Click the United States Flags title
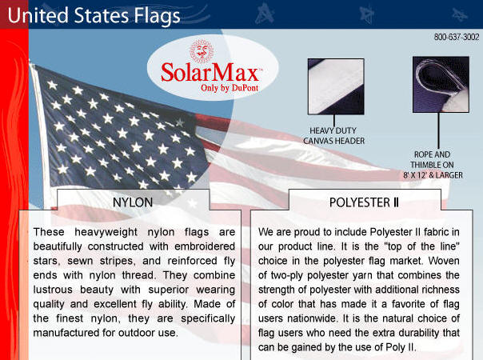coord(94,15)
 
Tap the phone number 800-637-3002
coord(457,37)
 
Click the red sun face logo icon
coord(202,51)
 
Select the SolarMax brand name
coord(210,73)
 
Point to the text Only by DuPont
coord(230,88)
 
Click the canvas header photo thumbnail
coord(336,86)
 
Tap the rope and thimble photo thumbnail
coord(441,85)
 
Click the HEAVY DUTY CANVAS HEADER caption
coord(333,136)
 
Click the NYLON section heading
coord(133,202)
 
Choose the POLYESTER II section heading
coord(364,202)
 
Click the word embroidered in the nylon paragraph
coord(205,246)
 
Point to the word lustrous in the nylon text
coord(54,290)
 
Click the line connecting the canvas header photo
coord(334,120)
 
